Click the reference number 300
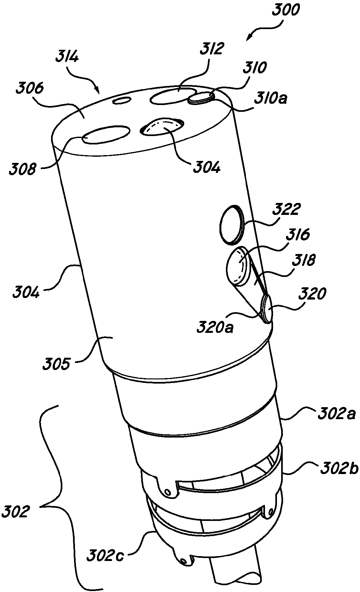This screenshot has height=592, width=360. tap(286, 12)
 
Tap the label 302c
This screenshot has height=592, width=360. tap(105, 556)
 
